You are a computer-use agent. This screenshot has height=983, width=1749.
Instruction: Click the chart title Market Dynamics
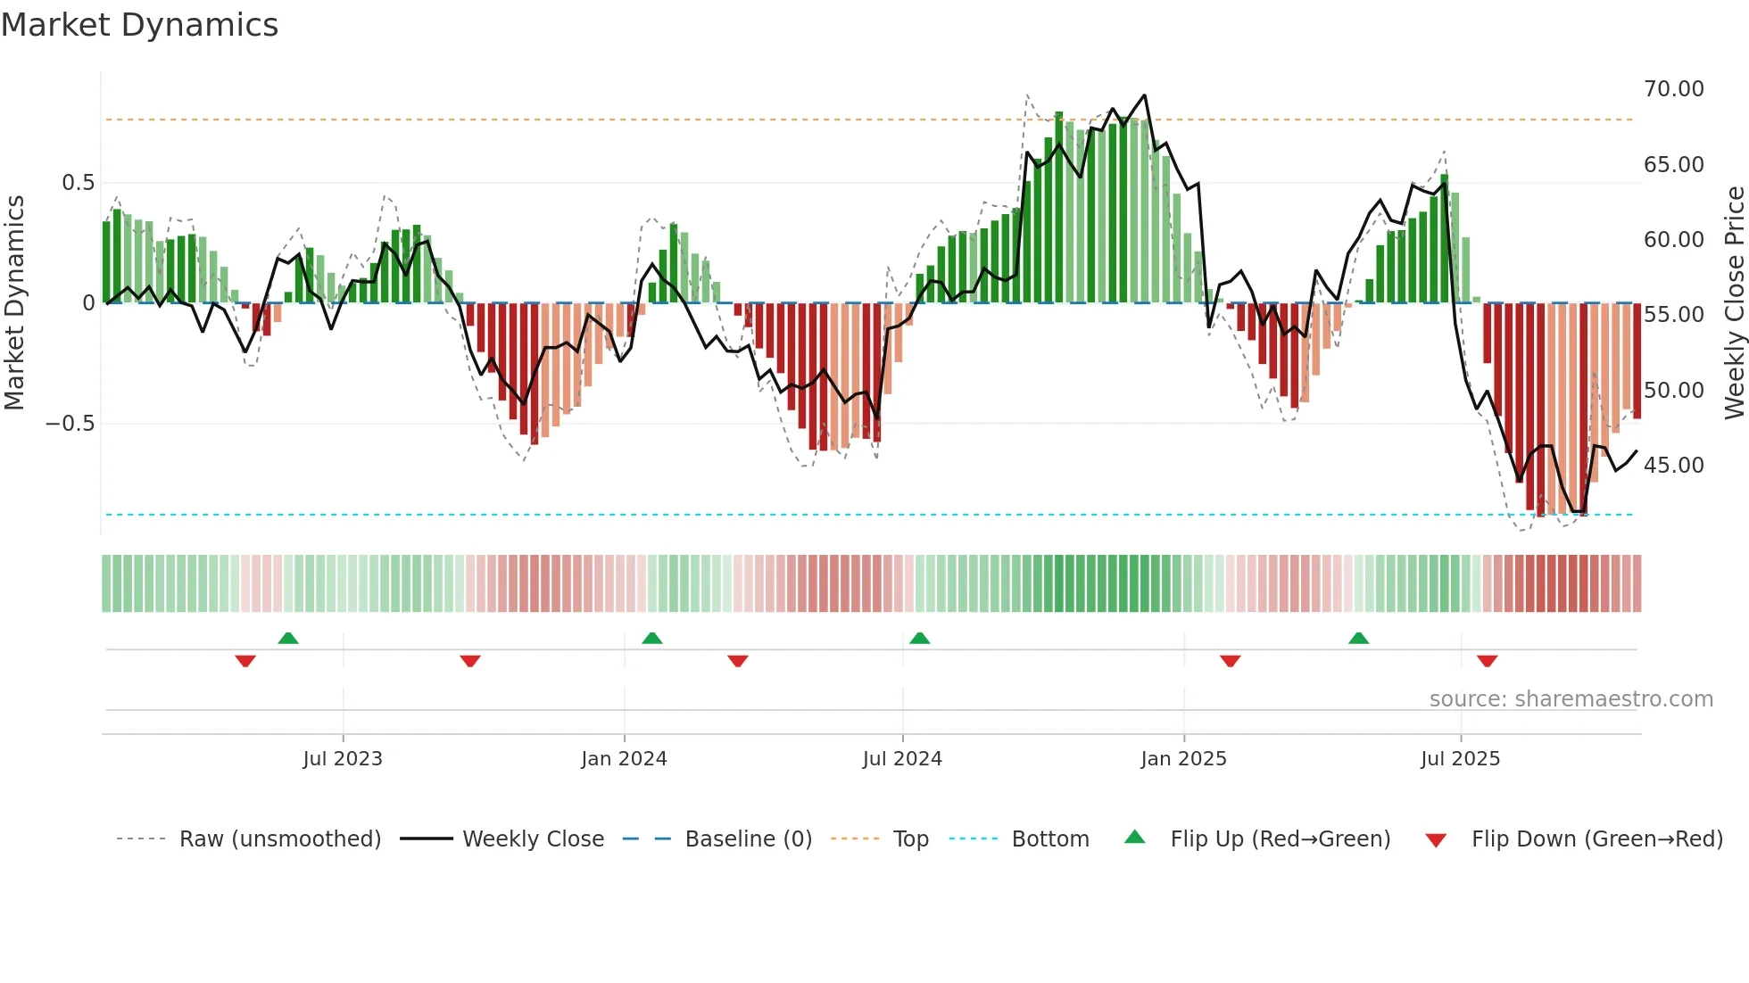pyautogui.click(x=139, y=25)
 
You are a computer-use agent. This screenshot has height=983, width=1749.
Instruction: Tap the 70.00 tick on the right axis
pyautogui.click(x=1673, y=89)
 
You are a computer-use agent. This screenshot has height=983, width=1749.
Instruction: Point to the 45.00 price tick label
pyautogui.click(x=1673, y=466)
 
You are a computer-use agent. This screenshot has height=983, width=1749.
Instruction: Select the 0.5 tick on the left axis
pyautogui.click(x=78, y=183)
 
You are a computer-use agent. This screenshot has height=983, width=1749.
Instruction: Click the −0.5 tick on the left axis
pyautogui.click(x=70, y=424)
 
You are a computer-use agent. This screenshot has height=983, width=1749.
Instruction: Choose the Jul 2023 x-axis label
pyautogui.click(x=342, y=759)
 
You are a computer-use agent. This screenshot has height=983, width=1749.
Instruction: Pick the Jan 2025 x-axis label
pyautogui.click(x=1183, y=759)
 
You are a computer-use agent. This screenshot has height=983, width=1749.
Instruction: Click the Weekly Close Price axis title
pyautogui.click(x=1734, y=302)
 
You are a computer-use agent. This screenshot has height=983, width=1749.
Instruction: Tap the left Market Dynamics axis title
pyautogui.click(x=14, y=302)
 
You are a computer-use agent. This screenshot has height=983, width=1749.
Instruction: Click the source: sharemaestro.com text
pyautogui.click(x=1571, y=699)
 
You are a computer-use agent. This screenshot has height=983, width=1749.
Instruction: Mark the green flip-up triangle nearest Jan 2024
pyautogui.click(x=652, y=638)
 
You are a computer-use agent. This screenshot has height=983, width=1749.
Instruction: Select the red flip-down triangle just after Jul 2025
pyautogui.click(x=1487, y=661)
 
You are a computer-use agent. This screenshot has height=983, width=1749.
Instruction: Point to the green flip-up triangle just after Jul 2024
pyautogui.click(x=919, y=638)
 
